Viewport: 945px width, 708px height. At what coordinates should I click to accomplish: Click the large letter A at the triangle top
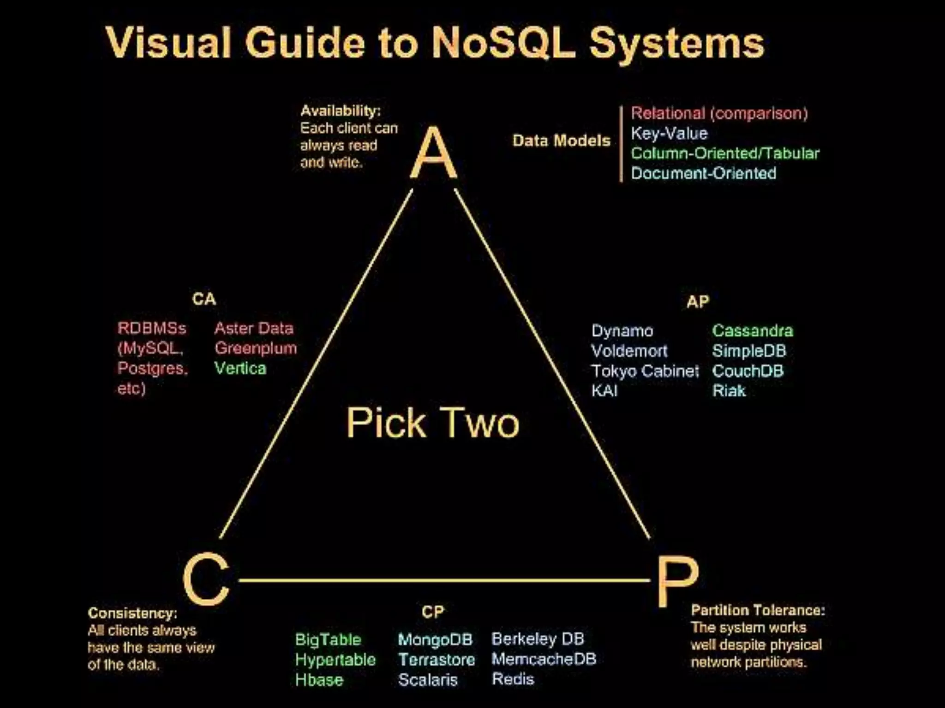click(x=433, y=153)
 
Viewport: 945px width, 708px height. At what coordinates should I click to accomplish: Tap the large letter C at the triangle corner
click(x=206, y=579)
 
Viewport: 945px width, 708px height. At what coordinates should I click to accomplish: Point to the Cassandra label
click(x=752, y=330)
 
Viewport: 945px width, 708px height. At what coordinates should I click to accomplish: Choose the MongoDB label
click(x=435, y=639)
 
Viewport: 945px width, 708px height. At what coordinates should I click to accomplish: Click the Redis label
click(x=513, y=679)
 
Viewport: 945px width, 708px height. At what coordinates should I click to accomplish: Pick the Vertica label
click(x=240, y=368)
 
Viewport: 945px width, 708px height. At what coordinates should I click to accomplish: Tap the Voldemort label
click(x=629, y=351)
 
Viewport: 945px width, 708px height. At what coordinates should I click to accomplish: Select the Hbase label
click(x=319, y=680)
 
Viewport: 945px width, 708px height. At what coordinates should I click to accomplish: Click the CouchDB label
click(x=748, y=371)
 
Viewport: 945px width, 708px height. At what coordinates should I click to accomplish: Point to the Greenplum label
click(x=255, y=348)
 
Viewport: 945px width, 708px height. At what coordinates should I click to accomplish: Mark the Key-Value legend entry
click(x=669, y=133)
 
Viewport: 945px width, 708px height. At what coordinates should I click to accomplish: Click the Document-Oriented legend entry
click(x=703, y=173)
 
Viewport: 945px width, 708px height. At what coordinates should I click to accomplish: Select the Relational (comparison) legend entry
click(x=719, y=113)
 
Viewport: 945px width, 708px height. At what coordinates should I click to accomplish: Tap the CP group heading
click(x=432, y=612)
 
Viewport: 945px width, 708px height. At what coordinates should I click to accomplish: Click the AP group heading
click(x=697, y=302)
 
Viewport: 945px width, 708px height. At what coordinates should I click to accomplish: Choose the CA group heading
click(x=203, y=299)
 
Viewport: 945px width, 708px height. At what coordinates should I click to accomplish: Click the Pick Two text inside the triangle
click(x=432, y=423)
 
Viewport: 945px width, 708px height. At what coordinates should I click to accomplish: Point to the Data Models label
click(x=561, y=141)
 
